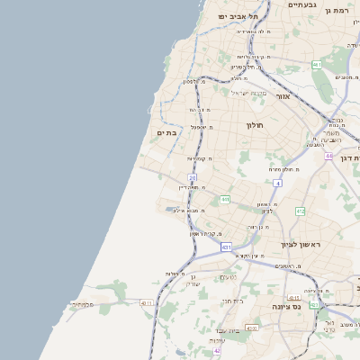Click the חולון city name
pyautogui.click(x=255, y=125)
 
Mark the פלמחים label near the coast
pyautogui.click(x=82, y=304)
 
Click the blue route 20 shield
pyautogui.click(x=193, y=178)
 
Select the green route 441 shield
pyautogui.click(x=224, y=200)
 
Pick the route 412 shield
pyautogui.click(x=300, y=211)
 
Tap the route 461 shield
pyautogui.click(x=317, y=65)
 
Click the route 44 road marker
pyautogui.click(x=329, y=156)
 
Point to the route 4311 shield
pyautogui.click(x=147, y=303)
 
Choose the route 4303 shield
pyautogui.click(x=251, y=328)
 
